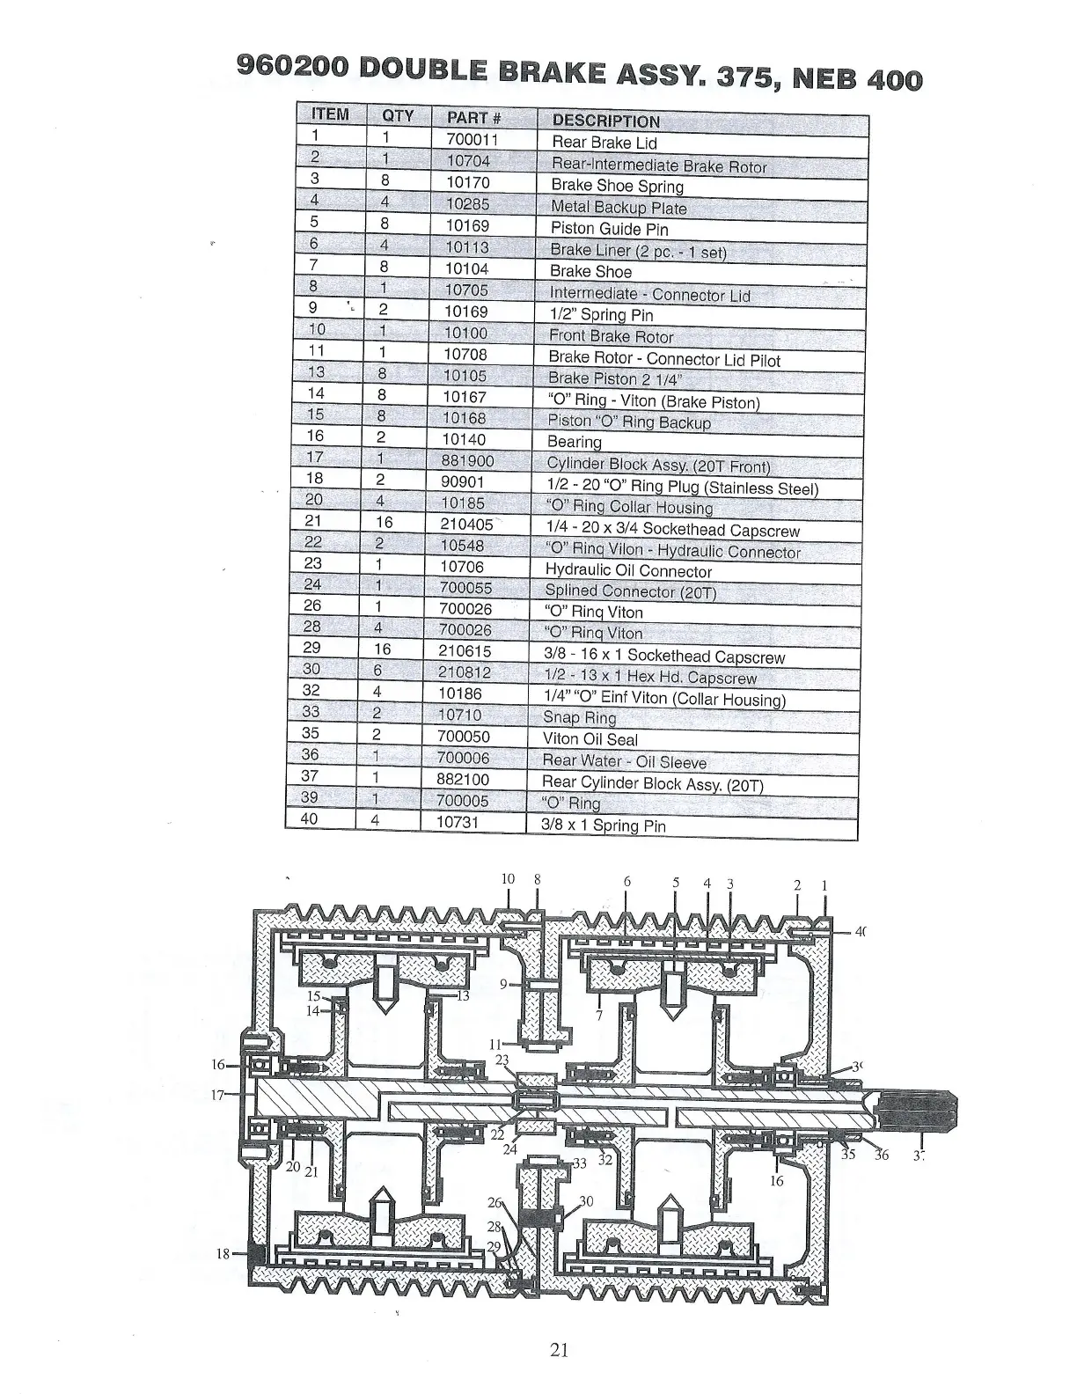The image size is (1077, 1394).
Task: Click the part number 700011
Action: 465,139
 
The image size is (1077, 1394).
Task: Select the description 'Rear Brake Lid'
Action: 604,143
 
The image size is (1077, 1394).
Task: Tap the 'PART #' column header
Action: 473,118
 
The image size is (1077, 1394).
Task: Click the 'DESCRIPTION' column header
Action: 605,121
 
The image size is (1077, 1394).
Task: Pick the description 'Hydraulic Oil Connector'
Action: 628,570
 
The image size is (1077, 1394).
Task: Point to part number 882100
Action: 463,779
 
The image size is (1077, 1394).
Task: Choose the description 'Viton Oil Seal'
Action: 590,739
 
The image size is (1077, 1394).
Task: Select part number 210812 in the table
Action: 464,672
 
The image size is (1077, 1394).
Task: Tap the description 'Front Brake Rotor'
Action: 611,336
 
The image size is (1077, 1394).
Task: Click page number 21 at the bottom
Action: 559,1349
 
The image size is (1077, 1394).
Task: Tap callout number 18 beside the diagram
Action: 223,1253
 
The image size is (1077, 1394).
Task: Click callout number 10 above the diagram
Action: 508,878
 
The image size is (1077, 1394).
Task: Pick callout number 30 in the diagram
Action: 586,1201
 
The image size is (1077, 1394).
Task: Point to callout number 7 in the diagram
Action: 599,1016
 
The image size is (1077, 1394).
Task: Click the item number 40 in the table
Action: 310,818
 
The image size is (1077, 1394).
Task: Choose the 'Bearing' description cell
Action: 575,442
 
